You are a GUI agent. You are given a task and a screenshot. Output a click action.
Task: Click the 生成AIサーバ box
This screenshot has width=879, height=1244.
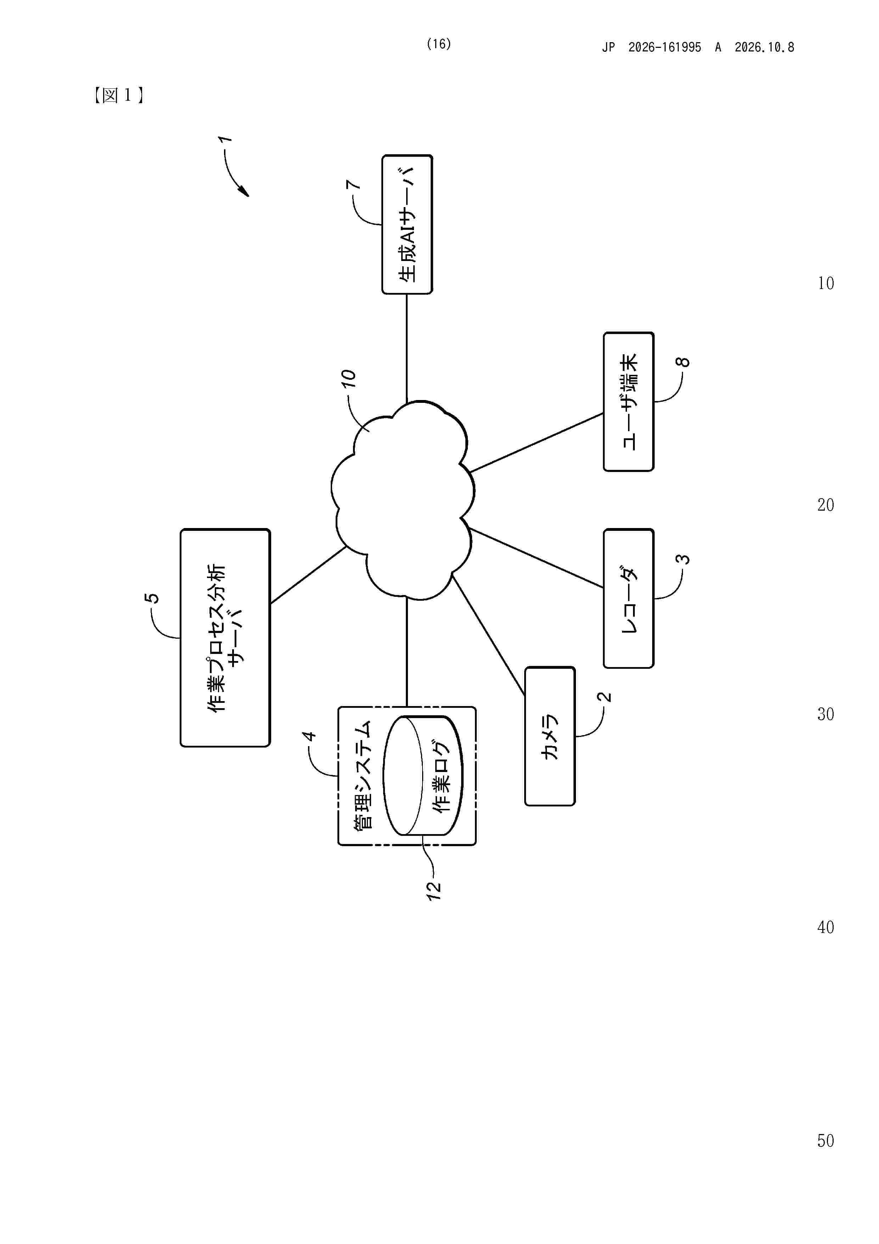click(407, 224)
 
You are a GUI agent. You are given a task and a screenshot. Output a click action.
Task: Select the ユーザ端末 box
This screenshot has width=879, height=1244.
click(628, 401)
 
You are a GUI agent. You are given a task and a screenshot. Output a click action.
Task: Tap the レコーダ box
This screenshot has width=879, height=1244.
click(628, 598)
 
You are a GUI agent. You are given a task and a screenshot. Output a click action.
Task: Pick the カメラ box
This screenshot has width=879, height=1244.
click(550, 736)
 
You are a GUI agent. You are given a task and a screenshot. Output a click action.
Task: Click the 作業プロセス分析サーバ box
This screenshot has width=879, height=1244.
click(225, 638)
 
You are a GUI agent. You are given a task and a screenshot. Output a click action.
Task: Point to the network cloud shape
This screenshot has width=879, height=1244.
click(402, 501)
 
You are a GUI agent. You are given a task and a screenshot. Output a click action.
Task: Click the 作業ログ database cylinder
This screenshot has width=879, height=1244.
click(423, 775)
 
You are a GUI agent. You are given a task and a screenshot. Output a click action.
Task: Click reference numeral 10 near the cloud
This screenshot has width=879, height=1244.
click(348, 378)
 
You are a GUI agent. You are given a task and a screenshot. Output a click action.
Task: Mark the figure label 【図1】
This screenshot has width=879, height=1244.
click(118, 96)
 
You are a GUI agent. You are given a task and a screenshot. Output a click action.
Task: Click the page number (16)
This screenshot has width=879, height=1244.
click(439, 44)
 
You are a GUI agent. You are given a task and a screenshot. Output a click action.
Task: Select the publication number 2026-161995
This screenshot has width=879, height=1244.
click(665, 48)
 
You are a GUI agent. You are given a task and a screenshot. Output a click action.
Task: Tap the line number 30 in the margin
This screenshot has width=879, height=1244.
click(825, 714)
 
